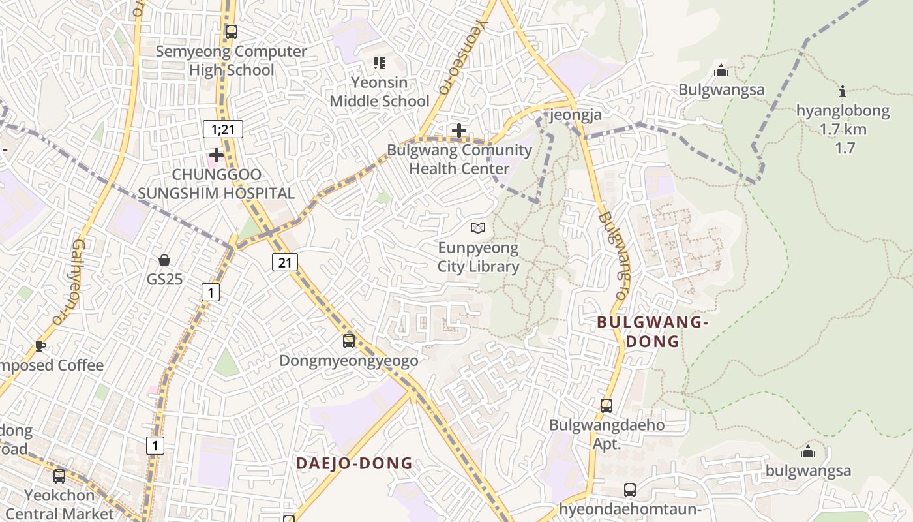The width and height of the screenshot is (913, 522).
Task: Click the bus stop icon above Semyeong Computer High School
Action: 231,31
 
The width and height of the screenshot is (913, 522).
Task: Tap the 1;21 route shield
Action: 222,129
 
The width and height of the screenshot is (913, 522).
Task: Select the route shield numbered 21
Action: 284,262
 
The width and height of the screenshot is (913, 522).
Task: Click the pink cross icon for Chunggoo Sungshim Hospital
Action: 216,155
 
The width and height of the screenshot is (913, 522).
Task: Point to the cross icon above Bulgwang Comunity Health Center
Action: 459,130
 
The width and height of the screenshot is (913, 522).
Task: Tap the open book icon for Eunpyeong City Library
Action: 478,228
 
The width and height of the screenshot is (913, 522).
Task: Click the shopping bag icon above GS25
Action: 164,260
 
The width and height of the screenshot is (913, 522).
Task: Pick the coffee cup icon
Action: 40,346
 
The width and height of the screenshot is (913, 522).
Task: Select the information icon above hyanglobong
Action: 843,91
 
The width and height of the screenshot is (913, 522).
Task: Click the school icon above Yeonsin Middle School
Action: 379,63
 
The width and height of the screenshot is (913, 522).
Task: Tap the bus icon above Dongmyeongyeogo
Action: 349,341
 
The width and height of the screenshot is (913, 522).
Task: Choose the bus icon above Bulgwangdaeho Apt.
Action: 606,405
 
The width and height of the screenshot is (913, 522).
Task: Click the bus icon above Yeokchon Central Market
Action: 59,476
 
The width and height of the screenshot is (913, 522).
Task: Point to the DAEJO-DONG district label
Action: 354,463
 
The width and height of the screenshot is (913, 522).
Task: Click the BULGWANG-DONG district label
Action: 652,331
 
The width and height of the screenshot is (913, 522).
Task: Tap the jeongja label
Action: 576,115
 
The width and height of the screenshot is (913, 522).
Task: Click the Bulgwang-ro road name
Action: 615,256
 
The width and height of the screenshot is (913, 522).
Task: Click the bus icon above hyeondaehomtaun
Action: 629,489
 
